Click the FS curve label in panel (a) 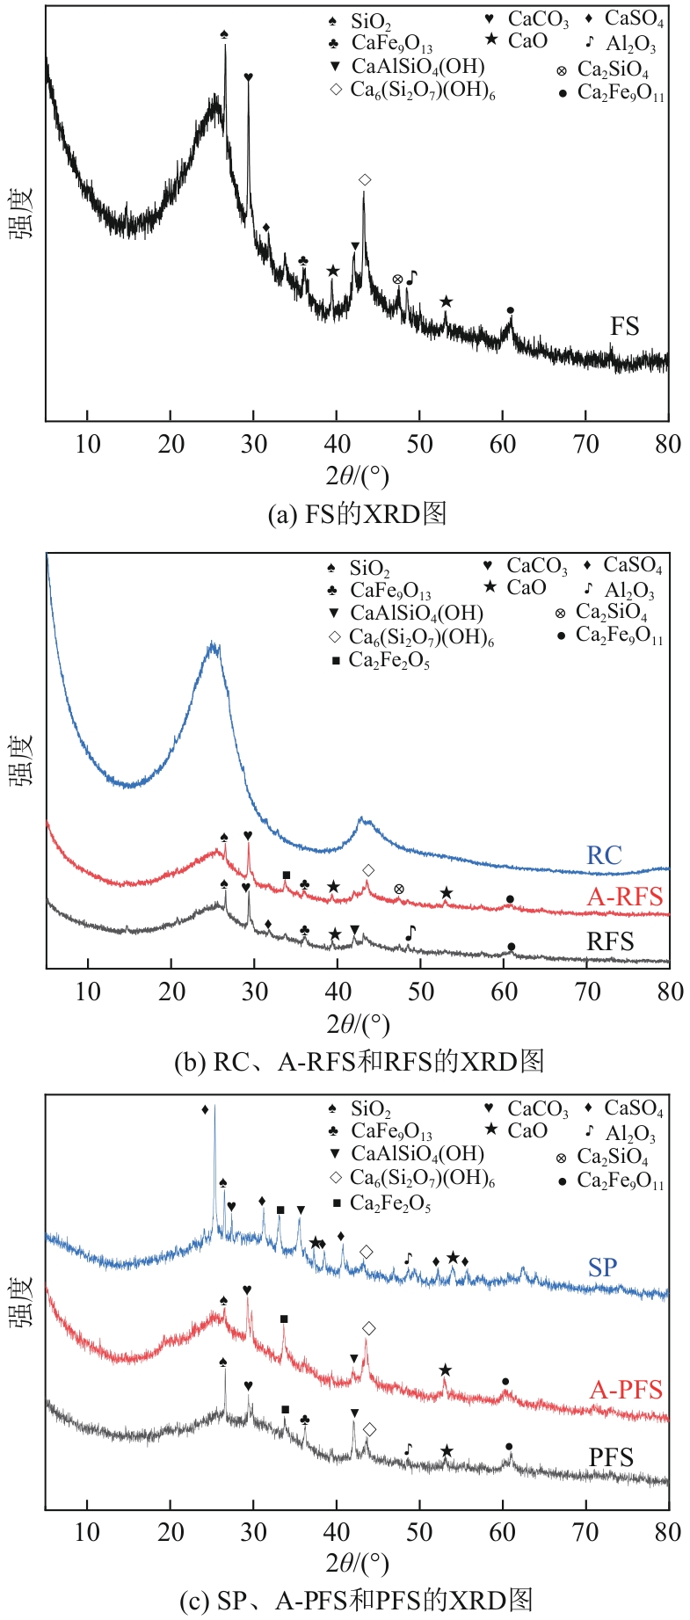[x=624, y=327]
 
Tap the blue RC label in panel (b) [x=604, y=855]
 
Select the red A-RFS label [x=625, y=897]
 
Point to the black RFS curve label [x=610, y=942]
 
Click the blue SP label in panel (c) [x=603, y=1268]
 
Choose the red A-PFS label [x=626, y=1390]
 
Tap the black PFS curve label [x=611, y=1457]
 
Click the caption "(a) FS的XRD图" [x=357, y=513]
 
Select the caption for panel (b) [x=359, y=1061]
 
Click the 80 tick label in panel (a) [x=668, y=444]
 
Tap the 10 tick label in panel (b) [x=88, y=992]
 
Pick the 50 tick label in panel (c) [x=419, y=1532]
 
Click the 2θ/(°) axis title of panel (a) [x=357, y=476]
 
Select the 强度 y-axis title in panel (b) [x=23, y=760]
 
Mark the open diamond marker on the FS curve [x=365, y=180]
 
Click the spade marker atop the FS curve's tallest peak [x=225, y=34]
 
